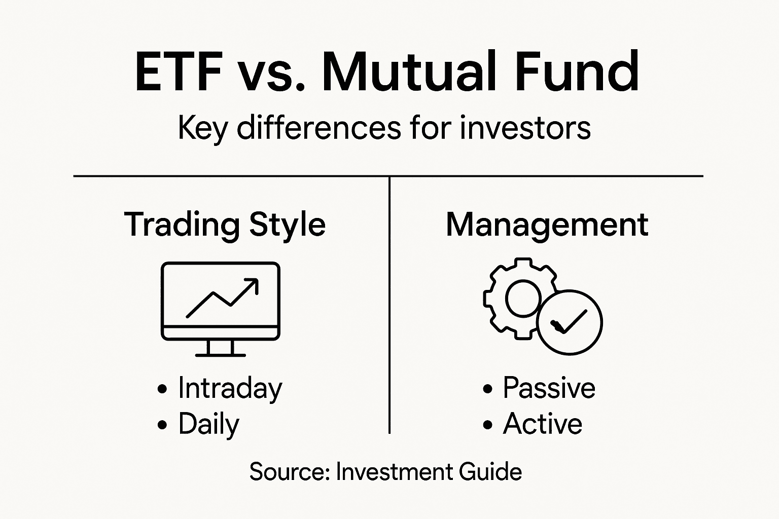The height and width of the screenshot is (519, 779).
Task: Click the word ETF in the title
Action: (179, 72)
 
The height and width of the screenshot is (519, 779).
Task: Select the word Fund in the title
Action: (577, 72)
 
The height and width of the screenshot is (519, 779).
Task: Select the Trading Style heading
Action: (225, 225)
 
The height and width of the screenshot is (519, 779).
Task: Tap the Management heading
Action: (547, 225)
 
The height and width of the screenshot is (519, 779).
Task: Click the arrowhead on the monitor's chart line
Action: (253, 284)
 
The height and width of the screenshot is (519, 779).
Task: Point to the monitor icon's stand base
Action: (221, 354)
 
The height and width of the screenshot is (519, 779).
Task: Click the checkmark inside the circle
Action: (570, 322)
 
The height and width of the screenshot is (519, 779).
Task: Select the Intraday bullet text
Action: (230, 389)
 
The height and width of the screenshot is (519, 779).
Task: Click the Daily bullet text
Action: (208, 424)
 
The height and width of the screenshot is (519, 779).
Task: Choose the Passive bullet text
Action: (549, 389)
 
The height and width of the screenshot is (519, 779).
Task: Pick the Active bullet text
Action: (542, 424)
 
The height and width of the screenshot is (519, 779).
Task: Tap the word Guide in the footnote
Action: (490, 472)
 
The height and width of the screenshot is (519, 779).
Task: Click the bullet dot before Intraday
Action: (162, 389)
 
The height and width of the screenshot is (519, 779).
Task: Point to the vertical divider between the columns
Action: (389, 304)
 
